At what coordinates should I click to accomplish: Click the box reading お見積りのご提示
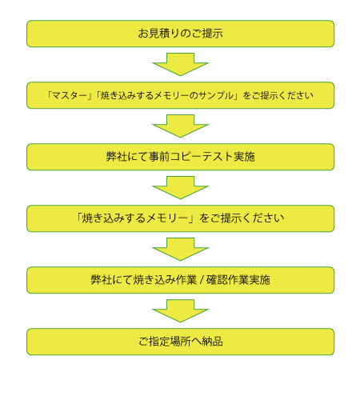[180, 34]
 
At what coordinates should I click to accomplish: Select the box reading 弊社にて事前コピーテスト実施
[180, 157]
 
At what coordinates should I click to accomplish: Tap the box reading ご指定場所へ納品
[180, 342]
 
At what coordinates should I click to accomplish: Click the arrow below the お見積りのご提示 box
[180, 64]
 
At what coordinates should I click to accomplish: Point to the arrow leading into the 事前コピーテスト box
[180, 126]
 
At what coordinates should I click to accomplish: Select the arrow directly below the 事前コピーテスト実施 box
[180, 187]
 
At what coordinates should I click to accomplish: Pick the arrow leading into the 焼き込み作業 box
[180, 249]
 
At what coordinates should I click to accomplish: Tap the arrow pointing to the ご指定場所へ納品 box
[180, 310]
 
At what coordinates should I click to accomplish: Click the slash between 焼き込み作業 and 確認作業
[202, 280]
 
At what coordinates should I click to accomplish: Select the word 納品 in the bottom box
[212, 342]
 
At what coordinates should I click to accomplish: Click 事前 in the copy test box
[159, 157]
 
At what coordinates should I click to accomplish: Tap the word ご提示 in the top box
[207, 34]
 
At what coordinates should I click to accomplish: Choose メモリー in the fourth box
[167, 218]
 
